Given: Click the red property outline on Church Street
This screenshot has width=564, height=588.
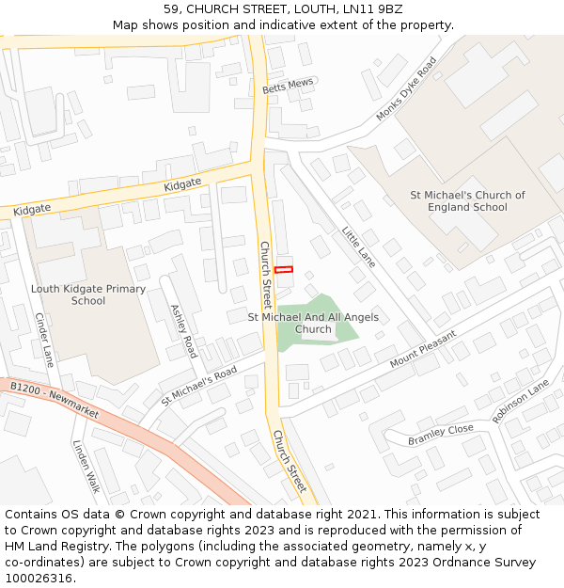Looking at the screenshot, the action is pos(283,270).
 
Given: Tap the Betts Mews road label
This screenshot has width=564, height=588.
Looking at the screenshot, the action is pos(288,87).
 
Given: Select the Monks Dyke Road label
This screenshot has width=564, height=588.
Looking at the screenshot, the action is pos(407,89).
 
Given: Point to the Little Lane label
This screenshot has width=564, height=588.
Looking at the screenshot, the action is pos(358,246).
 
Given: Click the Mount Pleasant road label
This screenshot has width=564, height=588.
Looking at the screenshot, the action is pos(423,348).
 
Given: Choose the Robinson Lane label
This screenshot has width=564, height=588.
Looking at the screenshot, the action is pos(520,399).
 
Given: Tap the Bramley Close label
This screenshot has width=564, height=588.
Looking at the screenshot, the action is pos(441,435).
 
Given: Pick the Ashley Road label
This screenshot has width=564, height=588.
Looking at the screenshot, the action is pos(183,330).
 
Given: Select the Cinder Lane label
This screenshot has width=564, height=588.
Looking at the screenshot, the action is pos(43,340).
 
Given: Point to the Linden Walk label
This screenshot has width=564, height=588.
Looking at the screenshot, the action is pos(86,467).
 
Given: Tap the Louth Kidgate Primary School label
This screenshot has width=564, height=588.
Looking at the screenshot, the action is pos(88,295).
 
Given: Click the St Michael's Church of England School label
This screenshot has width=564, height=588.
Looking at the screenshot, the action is pos(467,201).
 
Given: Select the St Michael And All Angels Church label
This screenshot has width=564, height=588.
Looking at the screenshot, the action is pos(313,324).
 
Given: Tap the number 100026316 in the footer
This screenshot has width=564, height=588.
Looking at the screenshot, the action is pos(38,578).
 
